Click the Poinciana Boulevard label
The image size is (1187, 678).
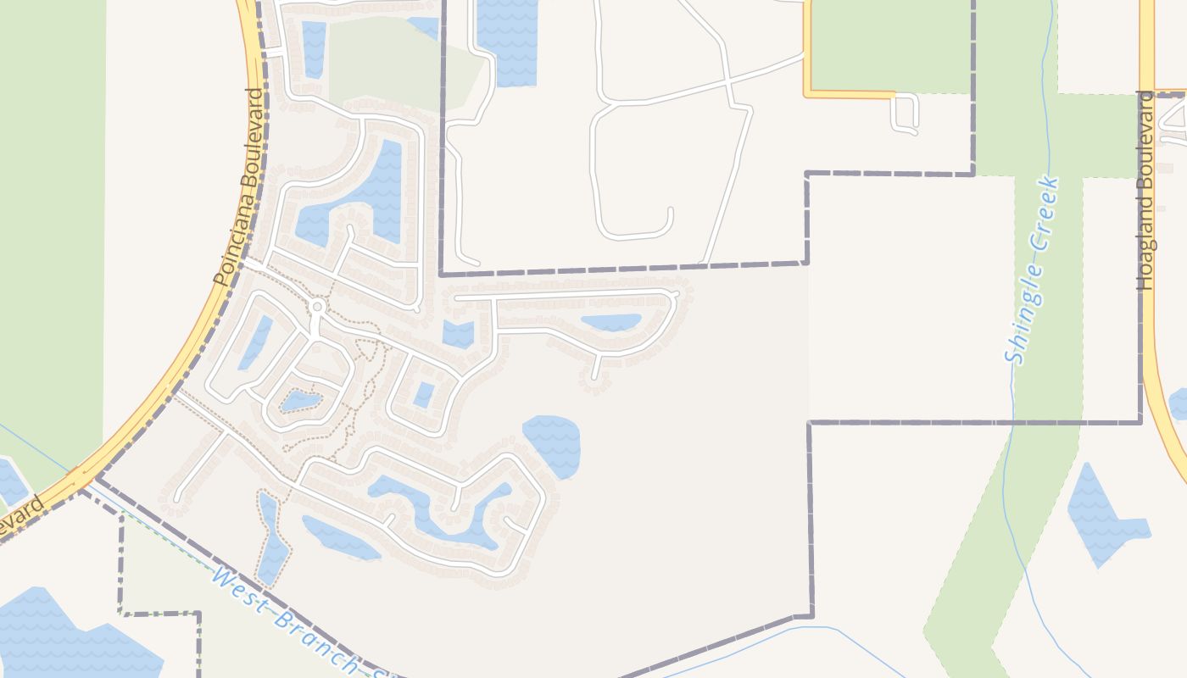click(241, 186)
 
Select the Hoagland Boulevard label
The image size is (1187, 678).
click(1146, 191)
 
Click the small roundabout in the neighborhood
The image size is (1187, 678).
click(318, 306)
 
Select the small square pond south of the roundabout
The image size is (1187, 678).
click(424, 394)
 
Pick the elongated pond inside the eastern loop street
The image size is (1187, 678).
click(611, 323)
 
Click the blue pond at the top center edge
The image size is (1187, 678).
click(507, 38)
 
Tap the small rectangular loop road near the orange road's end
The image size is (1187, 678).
click(905, 113)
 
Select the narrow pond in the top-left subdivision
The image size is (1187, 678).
click(314, 47)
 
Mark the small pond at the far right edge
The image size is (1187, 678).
click(1179, 403)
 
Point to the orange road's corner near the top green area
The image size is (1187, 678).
click(806, 92)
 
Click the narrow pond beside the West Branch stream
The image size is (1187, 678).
click(273, 542)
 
